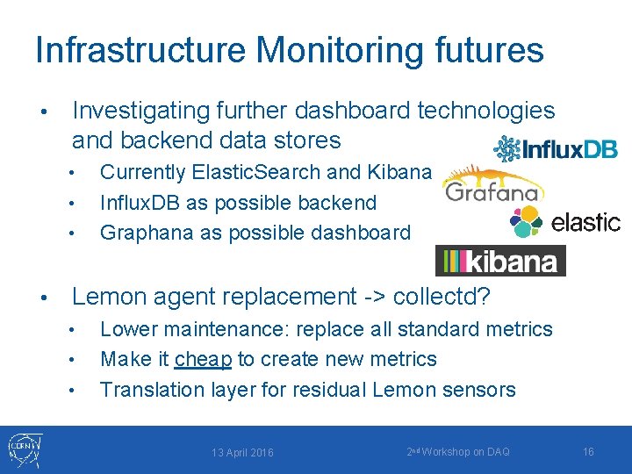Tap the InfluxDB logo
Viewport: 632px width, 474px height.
(x=556, y=148)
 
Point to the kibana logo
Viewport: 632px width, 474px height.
(x=500, y=261)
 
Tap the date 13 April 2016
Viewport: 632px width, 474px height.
(x=242, y=452)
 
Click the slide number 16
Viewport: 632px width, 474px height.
(x=588, y=451)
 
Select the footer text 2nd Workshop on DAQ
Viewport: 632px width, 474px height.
(x=458, y=451)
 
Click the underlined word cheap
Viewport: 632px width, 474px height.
(x=203, y=359)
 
